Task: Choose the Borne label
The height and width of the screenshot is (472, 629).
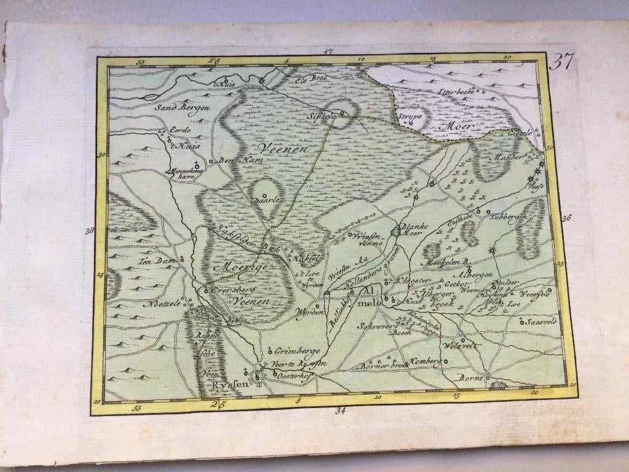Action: [471, 378]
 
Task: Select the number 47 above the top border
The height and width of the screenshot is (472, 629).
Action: [327, 52]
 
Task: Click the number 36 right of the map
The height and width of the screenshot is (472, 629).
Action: [566, 218]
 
